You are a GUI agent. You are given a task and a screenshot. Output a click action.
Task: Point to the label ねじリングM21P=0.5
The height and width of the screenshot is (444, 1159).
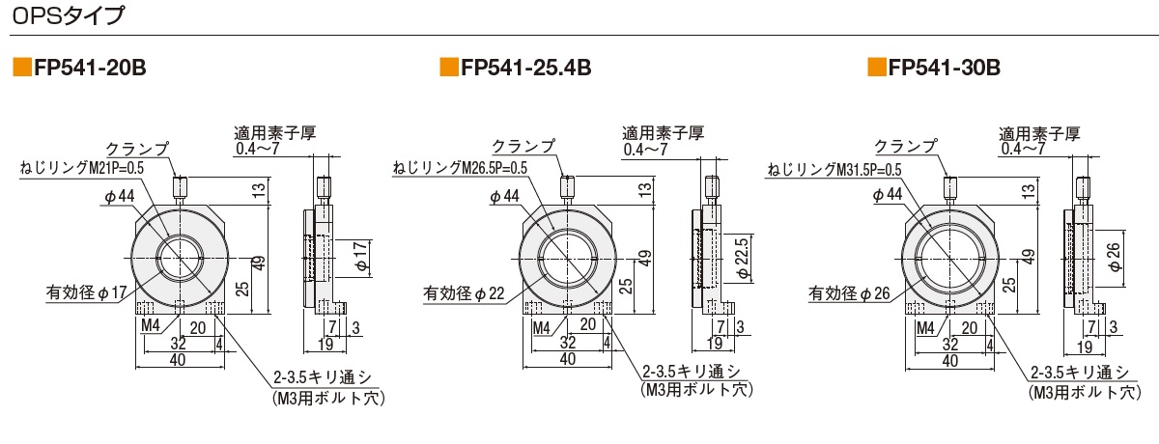point(82,169)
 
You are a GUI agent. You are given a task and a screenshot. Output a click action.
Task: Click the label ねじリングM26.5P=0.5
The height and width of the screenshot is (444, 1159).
point(460,169)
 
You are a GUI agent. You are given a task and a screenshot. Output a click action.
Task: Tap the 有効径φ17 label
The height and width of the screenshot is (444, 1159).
point(86,290)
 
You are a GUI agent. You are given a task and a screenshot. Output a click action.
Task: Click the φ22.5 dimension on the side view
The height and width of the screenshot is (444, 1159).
point(742,256)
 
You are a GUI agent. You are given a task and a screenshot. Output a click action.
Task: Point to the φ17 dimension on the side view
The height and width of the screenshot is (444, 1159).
point(358,256)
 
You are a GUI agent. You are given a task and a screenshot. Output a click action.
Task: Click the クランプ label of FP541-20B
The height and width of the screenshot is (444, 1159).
point(136,148)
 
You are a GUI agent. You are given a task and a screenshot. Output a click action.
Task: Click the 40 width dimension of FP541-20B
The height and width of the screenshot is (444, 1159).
point(178,360)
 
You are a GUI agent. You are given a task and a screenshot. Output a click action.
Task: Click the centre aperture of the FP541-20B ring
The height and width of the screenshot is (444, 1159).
point(180,259)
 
